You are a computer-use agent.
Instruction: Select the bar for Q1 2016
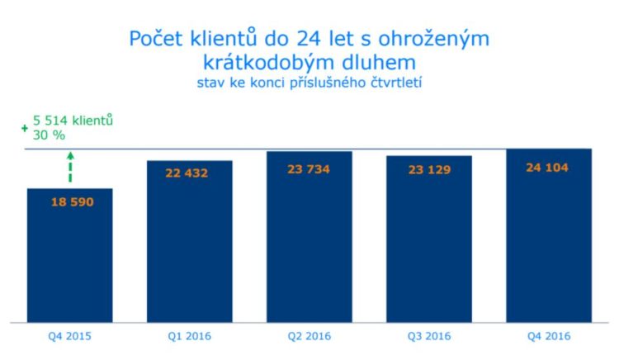pyautogui.click(x=189, y=248)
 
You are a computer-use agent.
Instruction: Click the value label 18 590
pyautogui.click(x=69, y=201)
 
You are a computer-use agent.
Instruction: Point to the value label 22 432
pyautogui.click(x=189, y=173)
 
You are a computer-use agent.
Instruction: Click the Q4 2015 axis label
pyautogui.click(x=69, y=336)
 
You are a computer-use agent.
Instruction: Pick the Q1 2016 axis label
pyautogui.click(x=189, y=336)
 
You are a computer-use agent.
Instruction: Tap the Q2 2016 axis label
pyautogui.click(x=309, y=336)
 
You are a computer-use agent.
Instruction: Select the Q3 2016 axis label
pyautogui.click(x=429, y=336)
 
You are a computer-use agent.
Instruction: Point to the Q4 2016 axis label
pyautogui.click(x=549, y=336)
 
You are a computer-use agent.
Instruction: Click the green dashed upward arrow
pyautogui.click(x=70, y=168)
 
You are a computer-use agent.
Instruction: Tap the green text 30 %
pyautogui.click(x=49, y=135)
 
